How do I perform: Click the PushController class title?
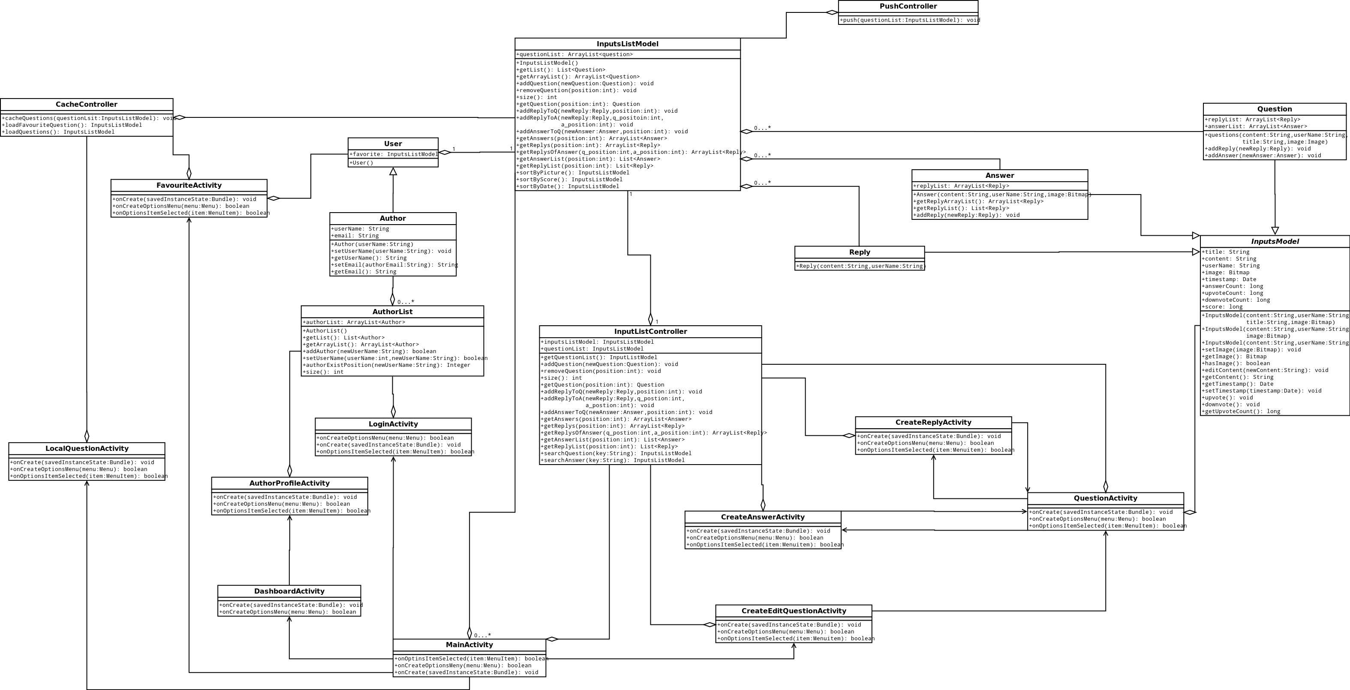(x=908, y=6)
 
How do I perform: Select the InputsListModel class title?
(x=627, y=44)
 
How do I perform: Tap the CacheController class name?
(x=87, y=104)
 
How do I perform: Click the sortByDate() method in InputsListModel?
(x=568, y=186)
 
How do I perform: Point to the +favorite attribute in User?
(x=393, y=154)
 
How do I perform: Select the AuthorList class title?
(x=393, y=312)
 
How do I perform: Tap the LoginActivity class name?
(x=393, y=424)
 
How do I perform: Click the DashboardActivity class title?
(x=289, y=591)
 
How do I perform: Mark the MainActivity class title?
(x=469, y=645)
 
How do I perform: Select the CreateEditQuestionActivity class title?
(x=794, y=611)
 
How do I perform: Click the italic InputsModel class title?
(x=1275, y=242)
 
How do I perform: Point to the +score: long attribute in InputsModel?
(x=1222, y=307)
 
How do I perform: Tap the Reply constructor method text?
(x=860, y=266)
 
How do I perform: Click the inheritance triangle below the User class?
(x=393, y=171)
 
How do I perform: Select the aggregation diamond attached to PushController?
(x=832, y=12)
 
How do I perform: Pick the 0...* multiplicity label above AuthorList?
(x=406, y=302)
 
